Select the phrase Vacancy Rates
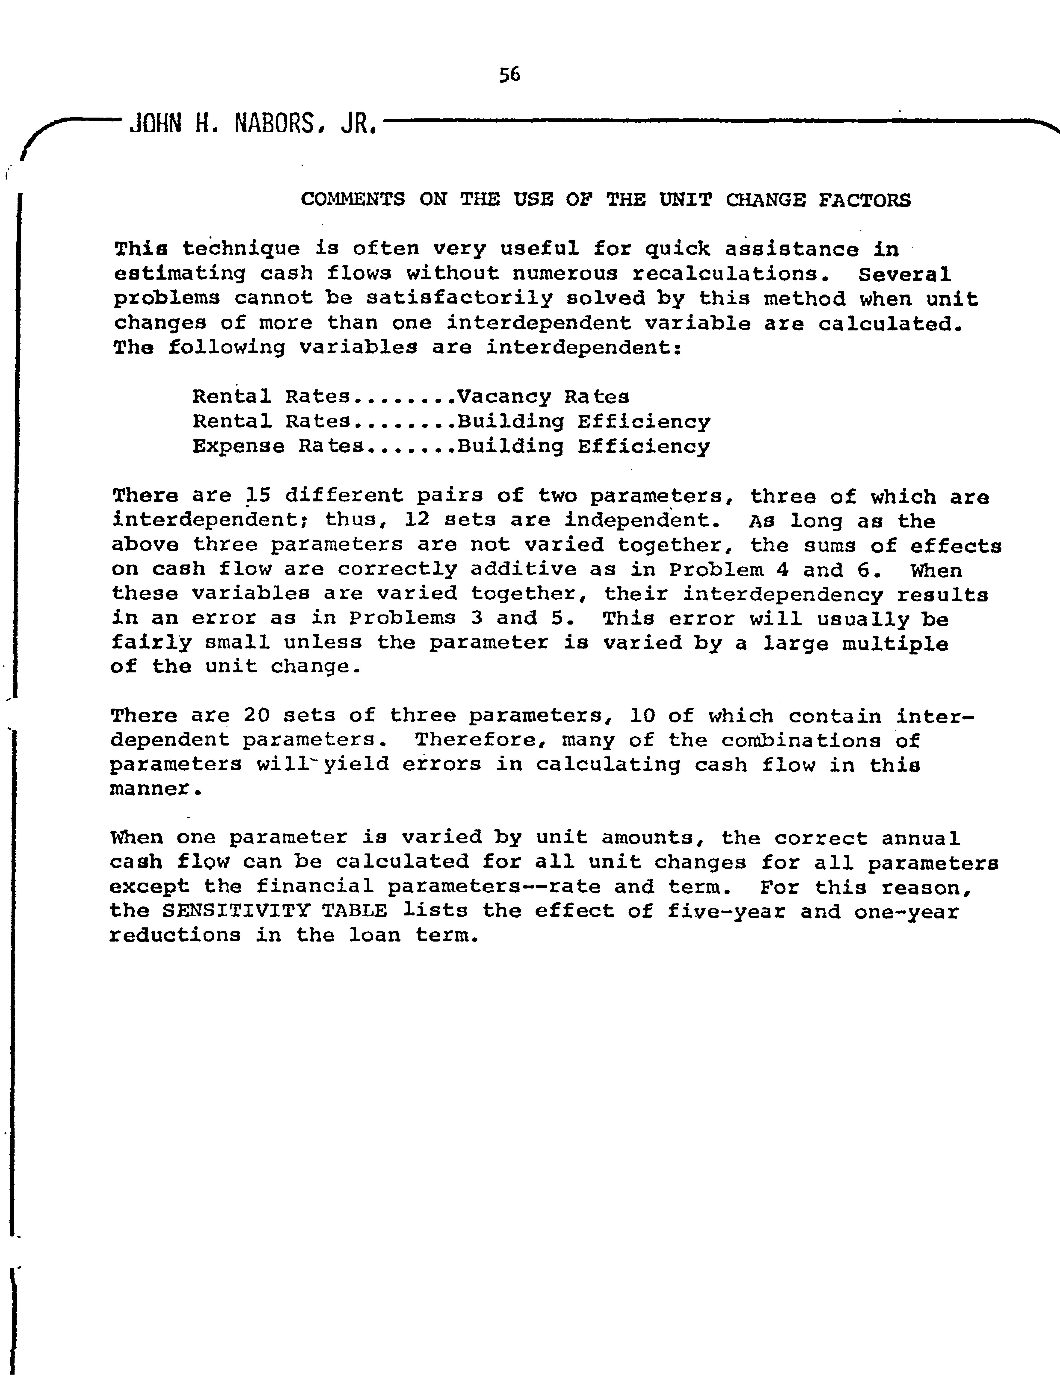click(x=543, y=397)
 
